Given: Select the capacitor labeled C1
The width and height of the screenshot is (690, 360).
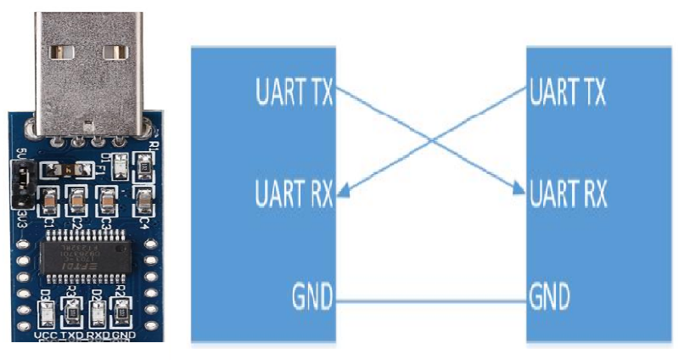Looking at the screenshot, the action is click(48, 201).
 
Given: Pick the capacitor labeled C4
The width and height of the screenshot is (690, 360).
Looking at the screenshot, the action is click(143, 200).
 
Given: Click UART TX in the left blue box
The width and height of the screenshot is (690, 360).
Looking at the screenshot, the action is click(294, 92).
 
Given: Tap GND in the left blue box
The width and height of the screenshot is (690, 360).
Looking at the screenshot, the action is click(311, 299).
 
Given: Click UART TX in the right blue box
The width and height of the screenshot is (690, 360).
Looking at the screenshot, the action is click(567, 92).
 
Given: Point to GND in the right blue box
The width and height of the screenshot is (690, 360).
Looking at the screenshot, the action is click(549, 299).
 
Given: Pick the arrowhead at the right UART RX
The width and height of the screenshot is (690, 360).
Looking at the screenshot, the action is click(519, 193).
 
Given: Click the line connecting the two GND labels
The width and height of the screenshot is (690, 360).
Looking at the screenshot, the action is click(430, 300).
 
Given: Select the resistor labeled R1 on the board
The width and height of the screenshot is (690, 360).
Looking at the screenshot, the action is click(146, 166).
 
